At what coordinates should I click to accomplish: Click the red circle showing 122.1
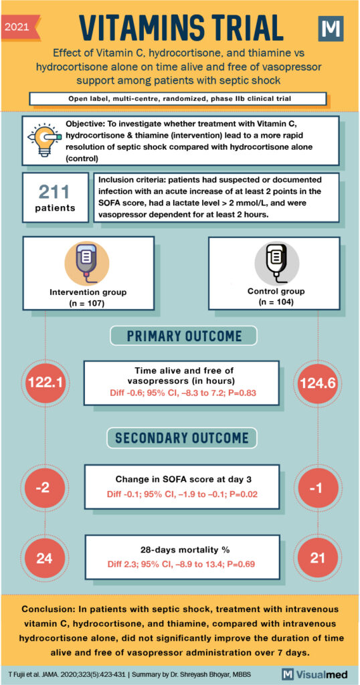pos(46,382)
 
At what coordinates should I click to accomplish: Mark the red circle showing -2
pos(46,486)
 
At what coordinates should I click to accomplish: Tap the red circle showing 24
pos(46,556)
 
